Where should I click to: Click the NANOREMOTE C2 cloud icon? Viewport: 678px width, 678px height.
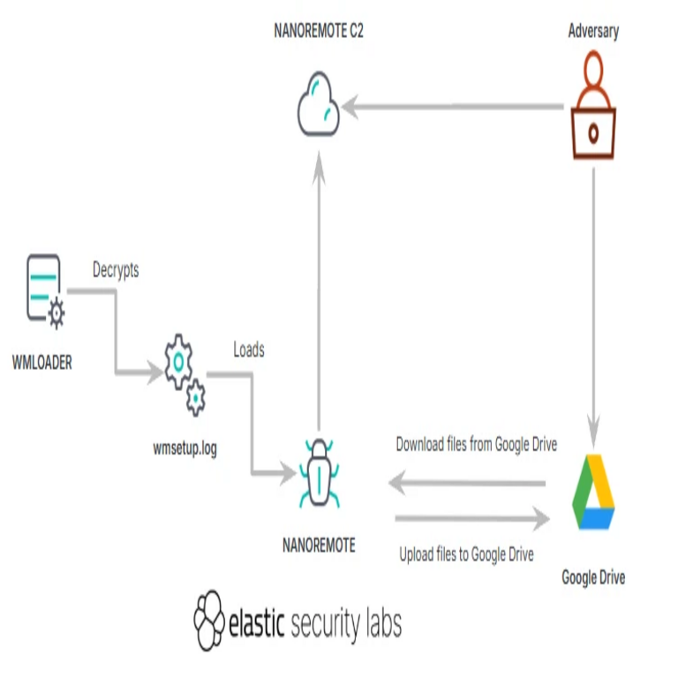[x=317, y=108]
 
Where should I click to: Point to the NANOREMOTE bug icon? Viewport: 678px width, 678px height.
[x=318, y=473]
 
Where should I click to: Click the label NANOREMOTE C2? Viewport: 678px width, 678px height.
[x=319, y=33]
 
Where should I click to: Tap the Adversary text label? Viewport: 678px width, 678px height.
[x=593, y=32]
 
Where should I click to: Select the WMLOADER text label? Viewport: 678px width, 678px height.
[x=42, y=361]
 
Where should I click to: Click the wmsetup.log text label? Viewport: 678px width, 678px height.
[x=185, y=448]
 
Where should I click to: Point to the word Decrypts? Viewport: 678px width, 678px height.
[x=116, y=271]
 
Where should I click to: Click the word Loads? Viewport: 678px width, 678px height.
[x=248, y=350]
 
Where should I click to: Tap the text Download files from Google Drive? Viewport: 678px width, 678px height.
[x=476, y=444]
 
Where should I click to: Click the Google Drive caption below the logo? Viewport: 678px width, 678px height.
[x=593, y=577]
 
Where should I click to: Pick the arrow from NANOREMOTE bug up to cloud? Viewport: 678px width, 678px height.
[x=318, y=291]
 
